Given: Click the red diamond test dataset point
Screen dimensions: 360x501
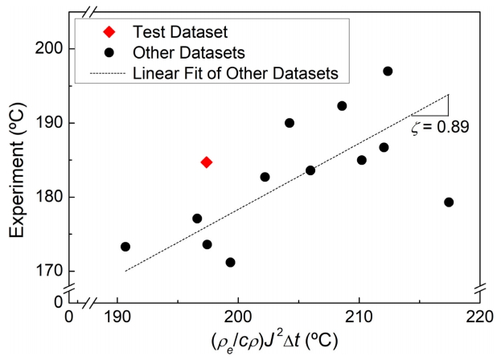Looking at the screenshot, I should (x=207, y=162).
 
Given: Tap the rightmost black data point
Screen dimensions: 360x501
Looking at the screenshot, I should (x=449, y=202).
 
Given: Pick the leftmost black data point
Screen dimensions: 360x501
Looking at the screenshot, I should (x=125, y=247).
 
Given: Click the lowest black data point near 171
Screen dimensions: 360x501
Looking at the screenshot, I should (x=231, y=262).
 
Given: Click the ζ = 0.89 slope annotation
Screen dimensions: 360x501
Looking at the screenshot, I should (x=440, y=127).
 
